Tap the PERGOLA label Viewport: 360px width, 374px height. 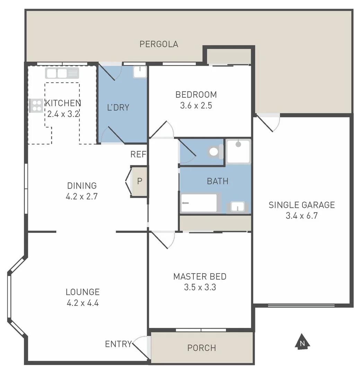(x=159, y=44)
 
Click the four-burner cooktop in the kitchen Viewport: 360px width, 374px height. (x=36, y=106)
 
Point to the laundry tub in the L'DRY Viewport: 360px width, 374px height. (x=140, y=72)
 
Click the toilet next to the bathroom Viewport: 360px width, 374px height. (x=215, y=152)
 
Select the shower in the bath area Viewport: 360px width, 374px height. (x=238, y=151)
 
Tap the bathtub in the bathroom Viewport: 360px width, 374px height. (x=199, y=203)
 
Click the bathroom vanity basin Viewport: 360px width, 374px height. (x=238, y=207)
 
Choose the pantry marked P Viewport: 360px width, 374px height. (x=139, y=181)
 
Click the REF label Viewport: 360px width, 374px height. (x=138, y=154)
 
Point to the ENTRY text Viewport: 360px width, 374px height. (x=118, y=344)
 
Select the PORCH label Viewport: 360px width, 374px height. (x=202, y=348)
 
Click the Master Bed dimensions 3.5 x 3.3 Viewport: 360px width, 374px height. (x=200, y=287)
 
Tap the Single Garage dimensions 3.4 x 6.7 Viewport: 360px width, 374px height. (x=301, y=216)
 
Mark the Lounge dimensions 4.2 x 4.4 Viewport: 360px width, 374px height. (x=83, y=303)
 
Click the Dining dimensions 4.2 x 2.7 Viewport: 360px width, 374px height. (x=82, y=197)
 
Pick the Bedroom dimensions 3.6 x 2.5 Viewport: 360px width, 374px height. (x=196, y=106)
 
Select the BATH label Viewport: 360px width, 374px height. (x=218, y=181)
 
